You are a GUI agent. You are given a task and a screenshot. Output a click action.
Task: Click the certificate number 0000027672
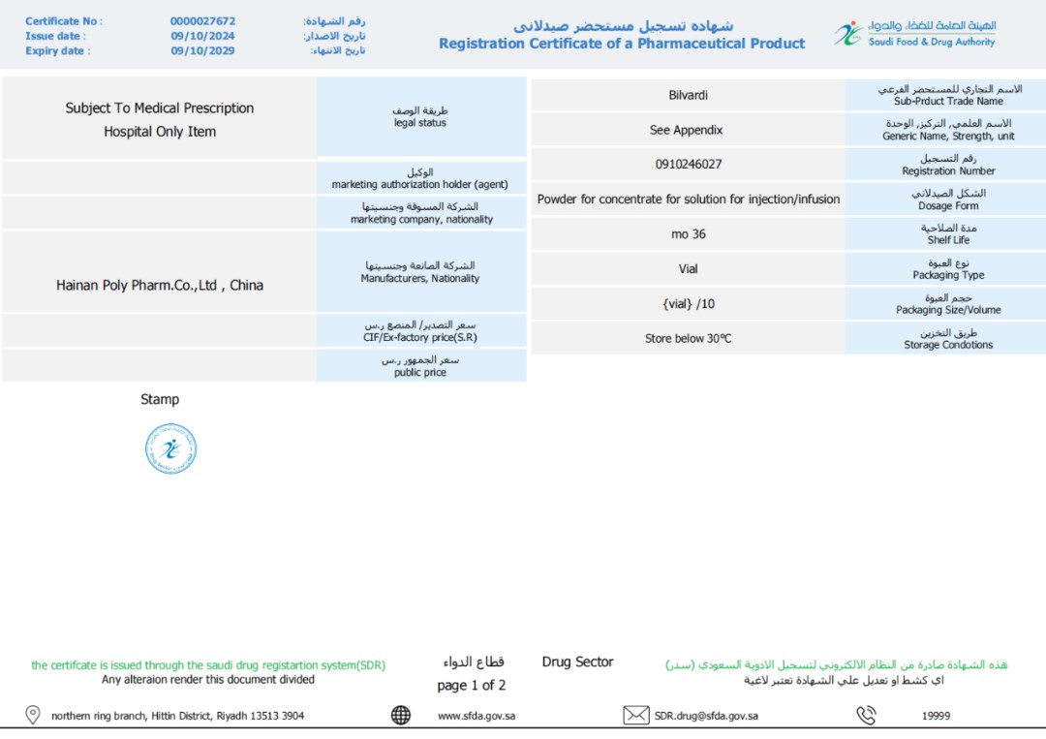click(x=202, y=21)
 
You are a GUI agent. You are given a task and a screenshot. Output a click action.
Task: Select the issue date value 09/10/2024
click(x=202, y=37)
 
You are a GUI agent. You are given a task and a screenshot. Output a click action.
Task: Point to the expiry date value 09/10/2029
click(x=202, y=51)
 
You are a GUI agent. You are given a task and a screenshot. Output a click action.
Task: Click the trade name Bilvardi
click(x=688, y=95)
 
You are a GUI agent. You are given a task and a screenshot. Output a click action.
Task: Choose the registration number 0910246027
click(x=688, y=165)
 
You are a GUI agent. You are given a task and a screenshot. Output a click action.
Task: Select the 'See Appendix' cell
click(x=686, y=130)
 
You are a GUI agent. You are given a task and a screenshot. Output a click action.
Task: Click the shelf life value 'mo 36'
click(x=688, y=234)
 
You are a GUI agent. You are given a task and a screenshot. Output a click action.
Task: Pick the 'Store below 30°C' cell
click(x=688, y=339)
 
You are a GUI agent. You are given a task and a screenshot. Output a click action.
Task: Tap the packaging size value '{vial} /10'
click(x=688, y=304)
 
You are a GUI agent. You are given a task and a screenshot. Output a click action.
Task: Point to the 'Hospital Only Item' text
click(x=160, y=132)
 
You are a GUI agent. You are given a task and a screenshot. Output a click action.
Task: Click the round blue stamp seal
click(x=170, y=449)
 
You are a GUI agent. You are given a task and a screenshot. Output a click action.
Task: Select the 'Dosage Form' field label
click(x=947, y=206)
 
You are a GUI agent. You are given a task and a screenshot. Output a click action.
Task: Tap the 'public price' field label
click(x=420, y=373)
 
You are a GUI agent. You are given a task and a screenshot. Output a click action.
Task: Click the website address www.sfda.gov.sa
click(x=476, y=717)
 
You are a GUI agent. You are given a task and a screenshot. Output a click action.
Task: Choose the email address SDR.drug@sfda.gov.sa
click(x=706, y=717)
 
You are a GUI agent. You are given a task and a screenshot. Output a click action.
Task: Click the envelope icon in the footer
click(x=636, y=716)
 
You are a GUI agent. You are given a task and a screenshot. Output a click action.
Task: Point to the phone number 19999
click(x=936, y=717)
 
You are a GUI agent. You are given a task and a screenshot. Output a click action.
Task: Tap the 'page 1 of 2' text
click(x=472, y=686)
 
